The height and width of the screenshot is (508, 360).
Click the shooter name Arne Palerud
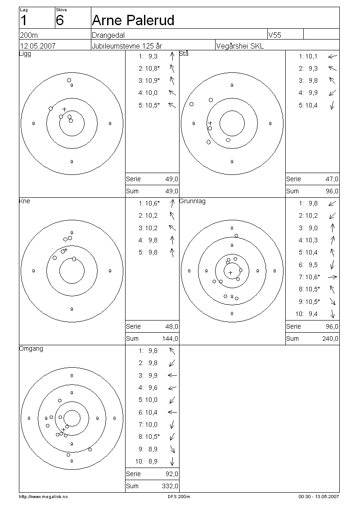133,20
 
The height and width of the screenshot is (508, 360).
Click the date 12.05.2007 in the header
38,46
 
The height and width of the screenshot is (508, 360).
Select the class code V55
274,35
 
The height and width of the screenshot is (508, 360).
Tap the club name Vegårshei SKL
240,46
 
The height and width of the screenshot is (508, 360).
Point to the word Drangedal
108,36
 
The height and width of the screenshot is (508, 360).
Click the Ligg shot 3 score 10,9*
152,80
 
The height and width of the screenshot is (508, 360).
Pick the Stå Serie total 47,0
332,179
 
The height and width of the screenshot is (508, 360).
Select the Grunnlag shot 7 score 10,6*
312,277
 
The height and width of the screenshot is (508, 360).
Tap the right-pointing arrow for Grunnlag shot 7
333,277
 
